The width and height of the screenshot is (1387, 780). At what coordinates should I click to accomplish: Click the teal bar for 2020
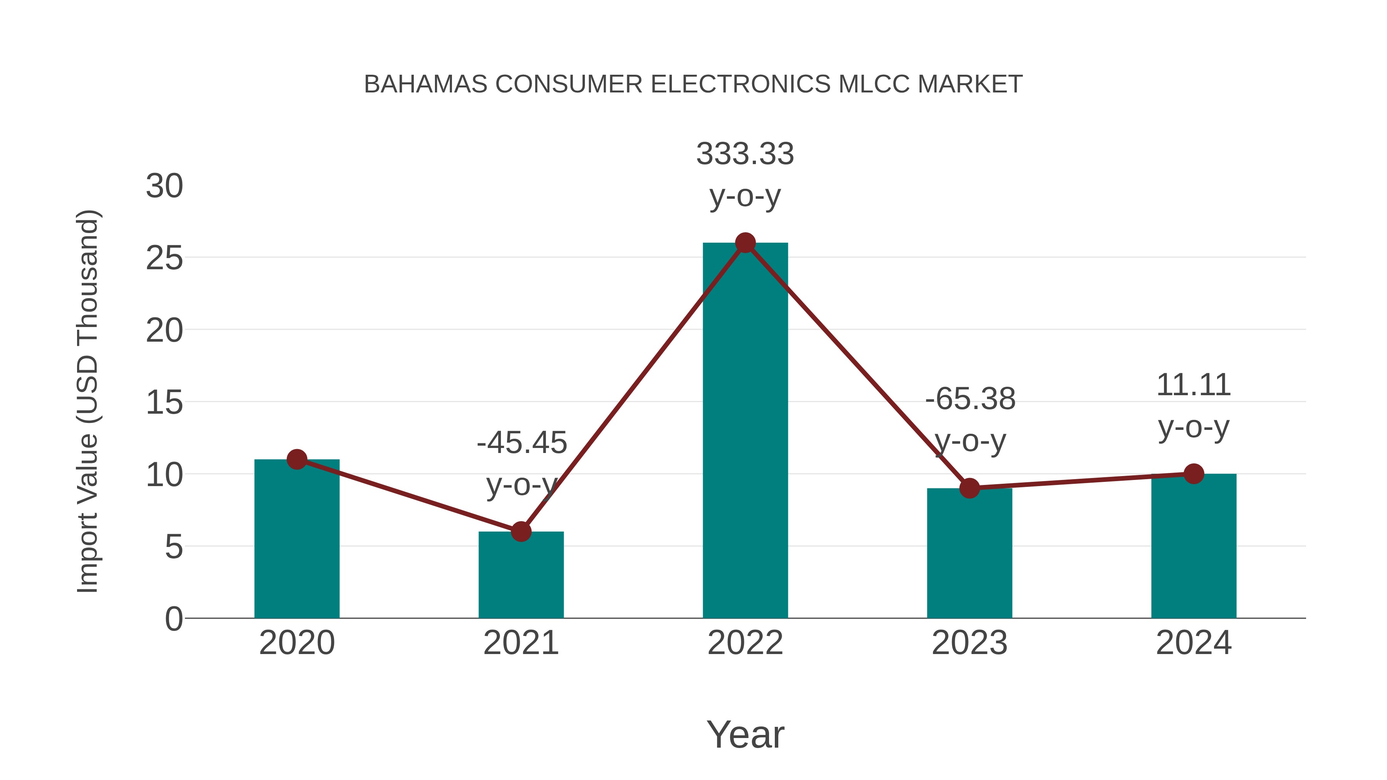(297, 538)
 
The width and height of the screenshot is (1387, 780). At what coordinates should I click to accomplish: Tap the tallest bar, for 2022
(745, 431)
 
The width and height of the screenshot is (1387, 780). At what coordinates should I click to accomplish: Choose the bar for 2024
(1193, 546)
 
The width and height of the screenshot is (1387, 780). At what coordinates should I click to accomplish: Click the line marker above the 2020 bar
(297, 459)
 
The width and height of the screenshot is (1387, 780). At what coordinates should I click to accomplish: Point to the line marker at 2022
(745, 243)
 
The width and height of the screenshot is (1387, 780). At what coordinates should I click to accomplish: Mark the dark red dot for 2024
(1193, 474)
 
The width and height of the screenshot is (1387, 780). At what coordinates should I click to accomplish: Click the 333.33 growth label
(745, 154)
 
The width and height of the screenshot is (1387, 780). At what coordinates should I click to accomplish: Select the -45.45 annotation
(521, 443)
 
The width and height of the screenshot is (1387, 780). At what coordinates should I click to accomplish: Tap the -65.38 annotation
(970, 399)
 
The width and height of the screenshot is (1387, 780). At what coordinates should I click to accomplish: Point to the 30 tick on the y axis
(164, 186)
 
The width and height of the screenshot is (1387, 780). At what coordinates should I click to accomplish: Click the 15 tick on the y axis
(164, 403)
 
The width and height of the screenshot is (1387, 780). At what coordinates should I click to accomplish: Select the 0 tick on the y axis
(173, 619)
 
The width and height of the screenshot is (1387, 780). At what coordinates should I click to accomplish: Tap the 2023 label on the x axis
(969, 643)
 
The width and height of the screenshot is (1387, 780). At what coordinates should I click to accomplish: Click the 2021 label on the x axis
(521, 643)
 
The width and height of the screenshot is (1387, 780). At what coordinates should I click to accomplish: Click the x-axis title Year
(745, 734)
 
